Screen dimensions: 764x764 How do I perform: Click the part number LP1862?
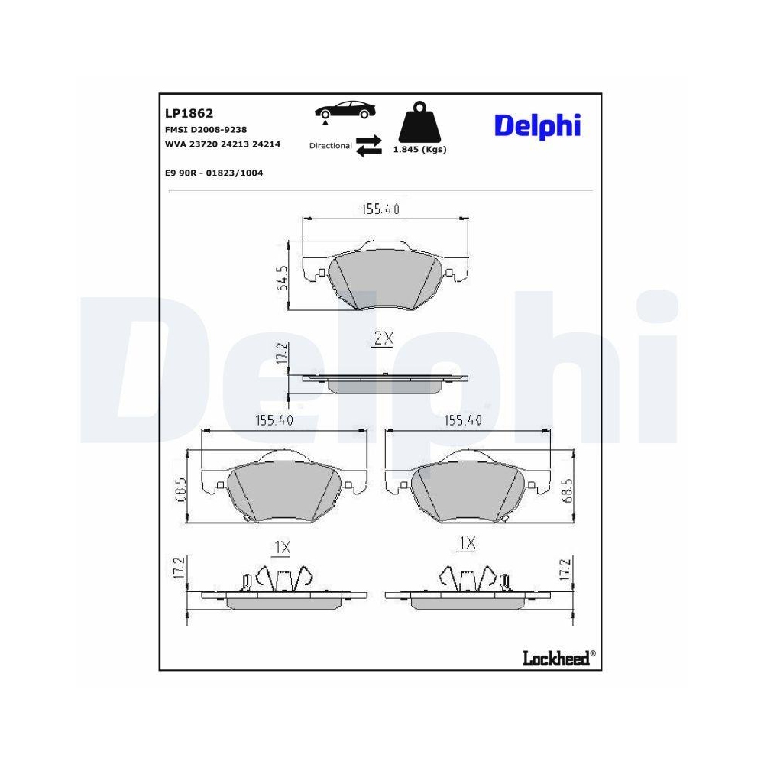click(x=189, y=113)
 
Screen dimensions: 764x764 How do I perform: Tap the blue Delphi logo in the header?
click(x=537, y=126)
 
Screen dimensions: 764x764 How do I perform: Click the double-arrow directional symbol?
click(x=369, y=146)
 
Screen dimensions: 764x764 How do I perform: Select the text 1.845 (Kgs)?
click(x=419, y=150)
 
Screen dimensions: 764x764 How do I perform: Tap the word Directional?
click(x=330, y=146)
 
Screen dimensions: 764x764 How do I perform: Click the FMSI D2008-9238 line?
click(x=206, y=130)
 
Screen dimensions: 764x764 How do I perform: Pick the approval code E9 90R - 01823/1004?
click(x=214, y=173)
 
